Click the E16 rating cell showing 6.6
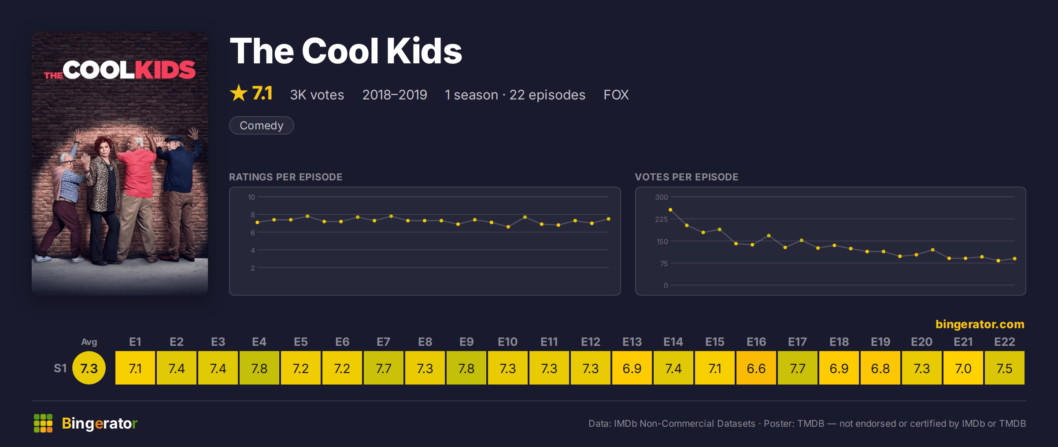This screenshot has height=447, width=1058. [756, 368]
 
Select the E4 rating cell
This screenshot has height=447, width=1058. [259, 368]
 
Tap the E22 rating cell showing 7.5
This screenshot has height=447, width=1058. [1004, 368]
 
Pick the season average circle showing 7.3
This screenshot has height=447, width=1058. [89, 368]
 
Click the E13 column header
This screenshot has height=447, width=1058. [632, 342]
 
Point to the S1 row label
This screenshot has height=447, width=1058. [60, 368]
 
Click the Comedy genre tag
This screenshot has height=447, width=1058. [261, 125]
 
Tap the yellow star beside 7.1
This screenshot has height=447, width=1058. [239, 93]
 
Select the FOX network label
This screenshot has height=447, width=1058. [616, 95]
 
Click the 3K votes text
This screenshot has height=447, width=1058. [317, 95]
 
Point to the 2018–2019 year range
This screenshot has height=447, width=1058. [394, 95]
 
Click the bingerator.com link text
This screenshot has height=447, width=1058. [980, 324]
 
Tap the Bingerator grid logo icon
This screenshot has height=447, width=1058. [43, 423]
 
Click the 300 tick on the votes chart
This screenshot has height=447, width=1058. [661, 197]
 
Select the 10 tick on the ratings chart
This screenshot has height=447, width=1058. [251, 197]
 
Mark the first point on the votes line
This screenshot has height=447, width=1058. [670, 210]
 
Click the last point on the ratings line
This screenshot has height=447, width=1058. [608, 219]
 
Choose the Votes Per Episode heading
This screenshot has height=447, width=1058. [686, 177]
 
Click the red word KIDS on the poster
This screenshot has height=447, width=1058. [165, 70]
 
